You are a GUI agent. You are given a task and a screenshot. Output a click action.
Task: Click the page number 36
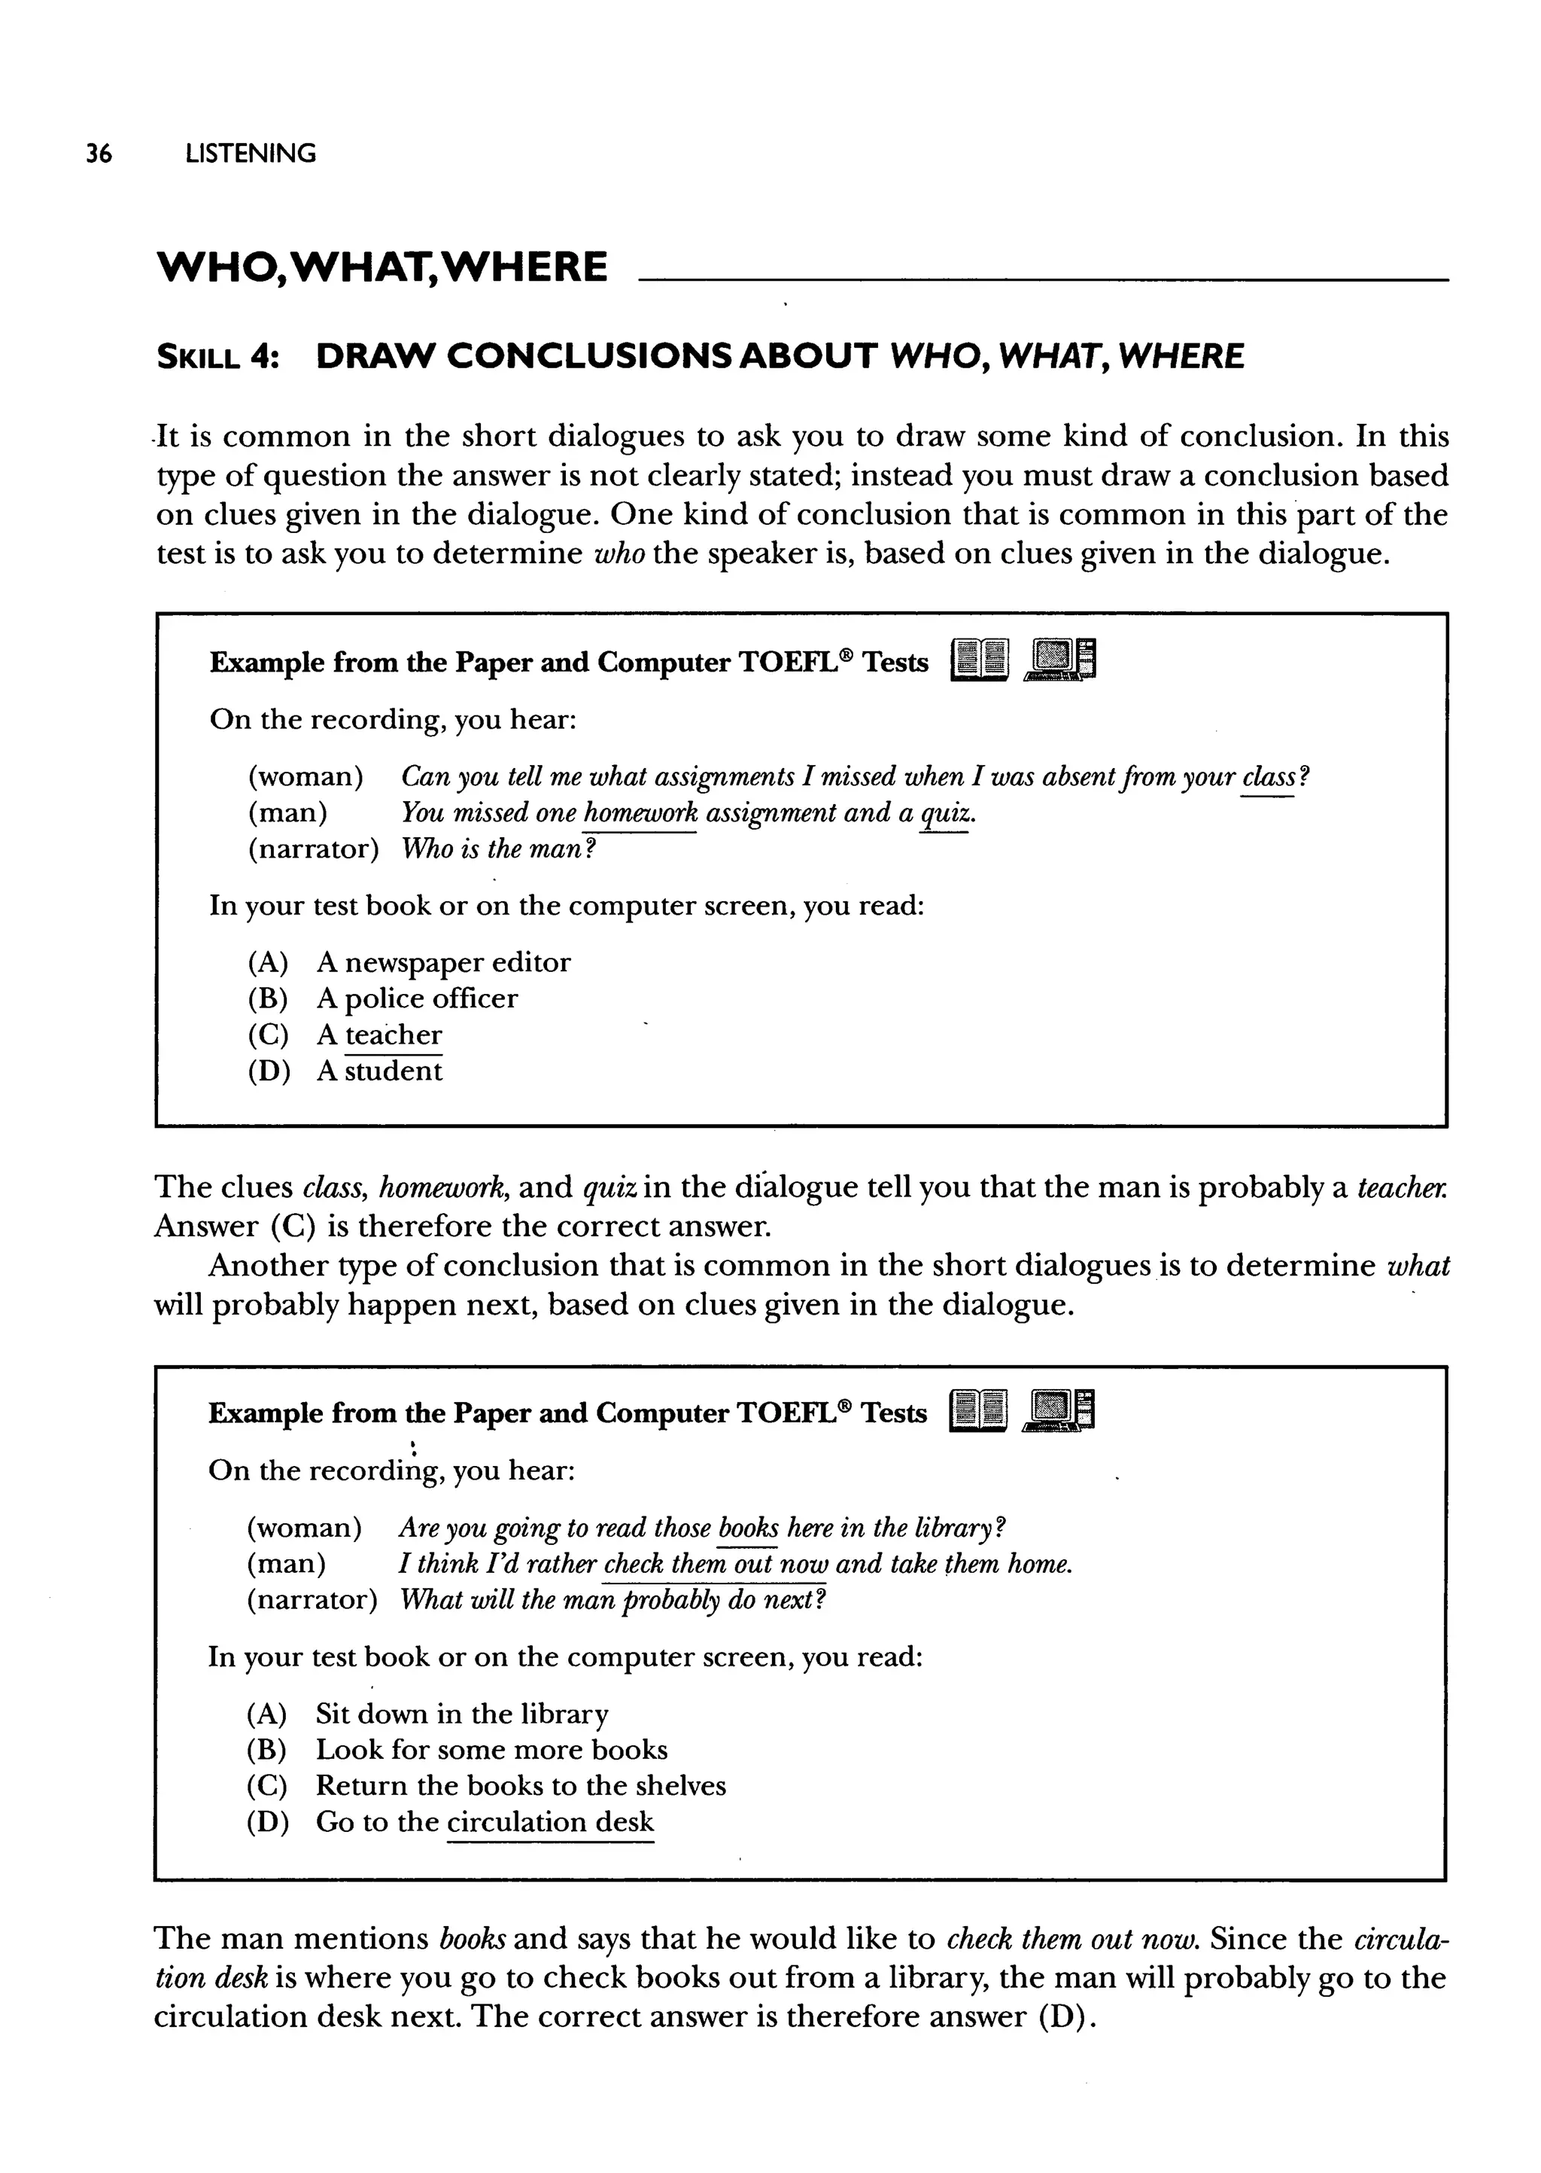coord(99,153)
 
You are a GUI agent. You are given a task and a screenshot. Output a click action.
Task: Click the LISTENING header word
coord(251,153)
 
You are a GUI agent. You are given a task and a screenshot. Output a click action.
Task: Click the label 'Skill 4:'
coord(217,357)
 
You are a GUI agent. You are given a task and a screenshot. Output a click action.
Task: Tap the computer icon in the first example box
coord(1060,659)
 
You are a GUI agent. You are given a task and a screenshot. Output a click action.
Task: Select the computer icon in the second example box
coord(1059,1410)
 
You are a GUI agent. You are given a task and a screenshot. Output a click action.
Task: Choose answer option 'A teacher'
coord(379,1035)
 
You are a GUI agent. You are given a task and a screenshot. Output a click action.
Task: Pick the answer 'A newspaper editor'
coord(443,962)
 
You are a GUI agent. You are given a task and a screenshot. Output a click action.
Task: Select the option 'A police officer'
coord(417,998)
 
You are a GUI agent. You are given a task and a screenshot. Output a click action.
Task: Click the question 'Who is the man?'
coord(498,849)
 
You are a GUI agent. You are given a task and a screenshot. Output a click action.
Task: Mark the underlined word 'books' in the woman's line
coord(748,1528)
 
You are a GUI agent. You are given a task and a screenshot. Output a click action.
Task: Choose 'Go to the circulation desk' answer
coord(484,1821)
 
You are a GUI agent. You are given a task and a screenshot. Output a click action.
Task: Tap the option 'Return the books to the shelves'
coord(520,1786)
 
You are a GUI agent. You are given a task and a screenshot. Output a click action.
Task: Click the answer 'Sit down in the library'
coord(461,1714)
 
